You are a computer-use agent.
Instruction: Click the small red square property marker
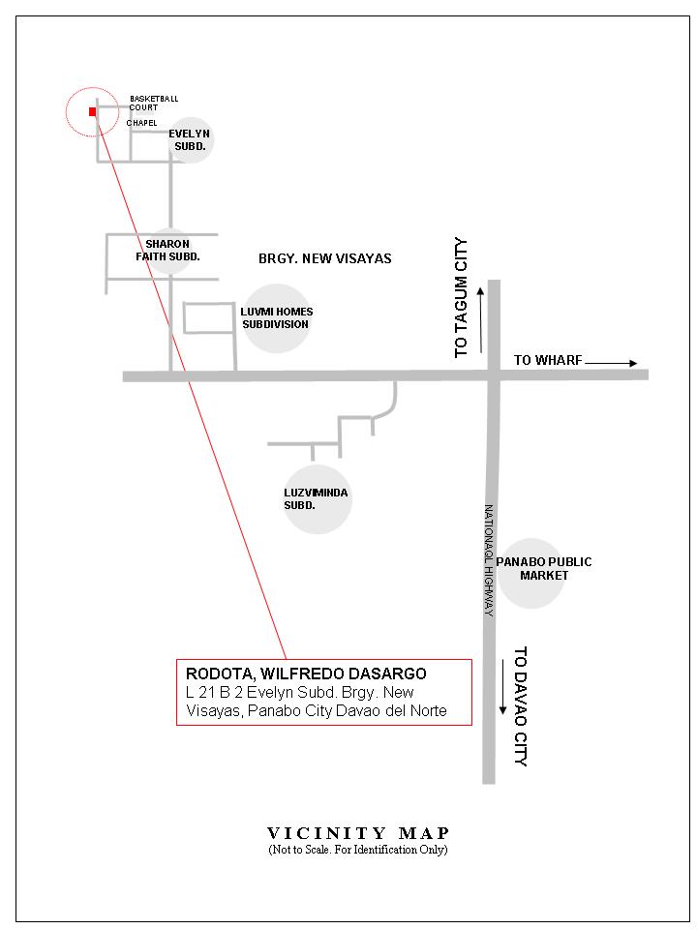click(x=92, y=111)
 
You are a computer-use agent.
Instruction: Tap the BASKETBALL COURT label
click(x=153, y=103)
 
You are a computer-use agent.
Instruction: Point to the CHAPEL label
click(x=141, y=123)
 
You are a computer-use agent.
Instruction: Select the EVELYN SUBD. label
click(x=189, y=139)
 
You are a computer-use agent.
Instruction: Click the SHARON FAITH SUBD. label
click(x=167, y=250)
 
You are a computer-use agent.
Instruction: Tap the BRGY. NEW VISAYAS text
click(x=324, y=258)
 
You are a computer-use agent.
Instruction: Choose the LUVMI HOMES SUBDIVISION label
click(x=276, y=317)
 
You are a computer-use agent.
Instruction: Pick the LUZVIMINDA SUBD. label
click(x=316, y=499)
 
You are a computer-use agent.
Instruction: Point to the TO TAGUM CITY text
click(x=462, y=297)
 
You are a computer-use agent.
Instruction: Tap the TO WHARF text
click(x=547, y=360)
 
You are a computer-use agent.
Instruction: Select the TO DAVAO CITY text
click(x=520, y=705)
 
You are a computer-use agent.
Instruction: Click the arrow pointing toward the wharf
click(x=612, y=363)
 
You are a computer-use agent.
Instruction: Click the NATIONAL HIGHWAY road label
click(x=490, y=560)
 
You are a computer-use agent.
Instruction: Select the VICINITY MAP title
click(x=358, y=833)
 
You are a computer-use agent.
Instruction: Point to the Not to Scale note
click(x=358, y=850)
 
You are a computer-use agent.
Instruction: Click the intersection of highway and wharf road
click(x=493, y=375)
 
